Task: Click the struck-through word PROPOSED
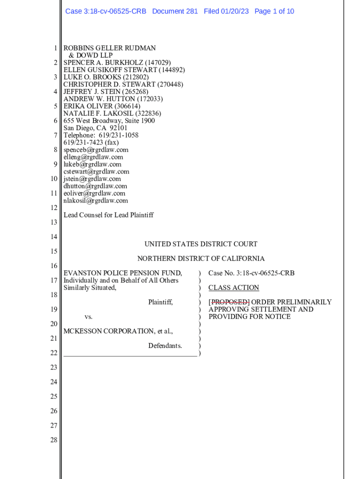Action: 229,302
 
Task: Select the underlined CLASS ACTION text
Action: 234,288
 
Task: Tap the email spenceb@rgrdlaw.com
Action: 96,150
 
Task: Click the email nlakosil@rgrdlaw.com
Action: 95,201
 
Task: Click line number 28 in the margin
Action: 54,440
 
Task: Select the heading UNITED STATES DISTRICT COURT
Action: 201,244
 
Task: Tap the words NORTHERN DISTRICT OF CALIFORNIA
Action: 201,259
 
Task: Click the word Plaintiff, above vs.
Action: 160,302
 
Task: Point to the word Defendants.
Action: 165,346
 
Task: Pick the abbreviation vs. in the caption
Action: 88,317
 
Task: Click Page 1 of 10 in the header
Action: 274,11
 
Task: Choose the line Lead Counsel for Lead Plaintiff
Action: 108,215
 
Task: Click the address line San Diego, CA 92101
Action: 95,128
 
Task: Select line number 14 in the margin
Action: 54,237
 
